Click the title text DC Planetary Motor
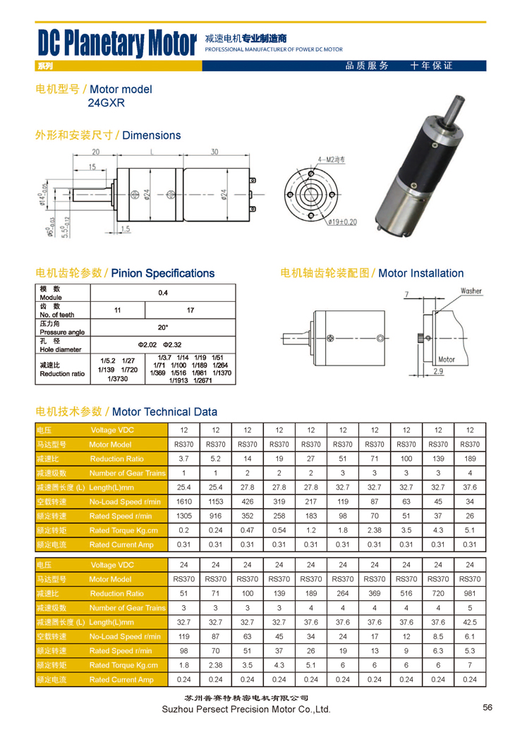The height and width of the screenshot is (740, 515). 116,44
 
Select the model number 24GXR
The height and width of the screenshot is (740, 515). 106,102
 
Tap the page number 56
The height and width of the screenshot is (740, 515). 487,708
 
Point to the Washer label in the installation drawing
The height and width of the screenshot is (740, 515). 471,291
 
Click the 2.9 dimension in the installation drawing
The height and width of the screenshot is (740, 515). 438,371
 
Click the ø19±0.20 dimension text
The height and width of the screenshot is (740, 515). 342,221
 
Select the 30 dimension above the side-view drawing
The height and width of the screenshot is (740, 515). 214,152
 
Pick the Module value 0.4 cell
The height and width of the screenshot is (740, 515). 163,292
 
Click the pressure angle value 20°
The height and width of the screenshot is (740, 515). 163,327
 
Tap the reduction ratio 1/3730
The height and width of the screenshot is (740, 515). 118,379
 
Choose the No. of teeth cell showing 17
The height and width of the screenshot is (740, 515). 190,310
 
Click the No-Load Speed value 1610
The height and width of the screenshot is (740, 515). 184,502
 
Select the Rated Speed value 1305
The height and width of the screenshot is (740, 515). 184,516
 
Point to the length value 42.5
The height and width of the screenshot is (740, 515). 470,622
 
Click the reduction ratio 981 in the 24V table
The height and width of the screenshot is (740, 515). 470,593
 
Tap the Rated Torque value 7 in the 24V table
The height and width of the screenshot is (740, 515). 470,665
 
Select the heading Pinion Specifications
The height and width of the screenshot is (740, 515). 162,273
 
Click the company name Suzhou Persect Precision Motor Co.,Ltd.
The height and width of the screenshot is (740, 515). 246,709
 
